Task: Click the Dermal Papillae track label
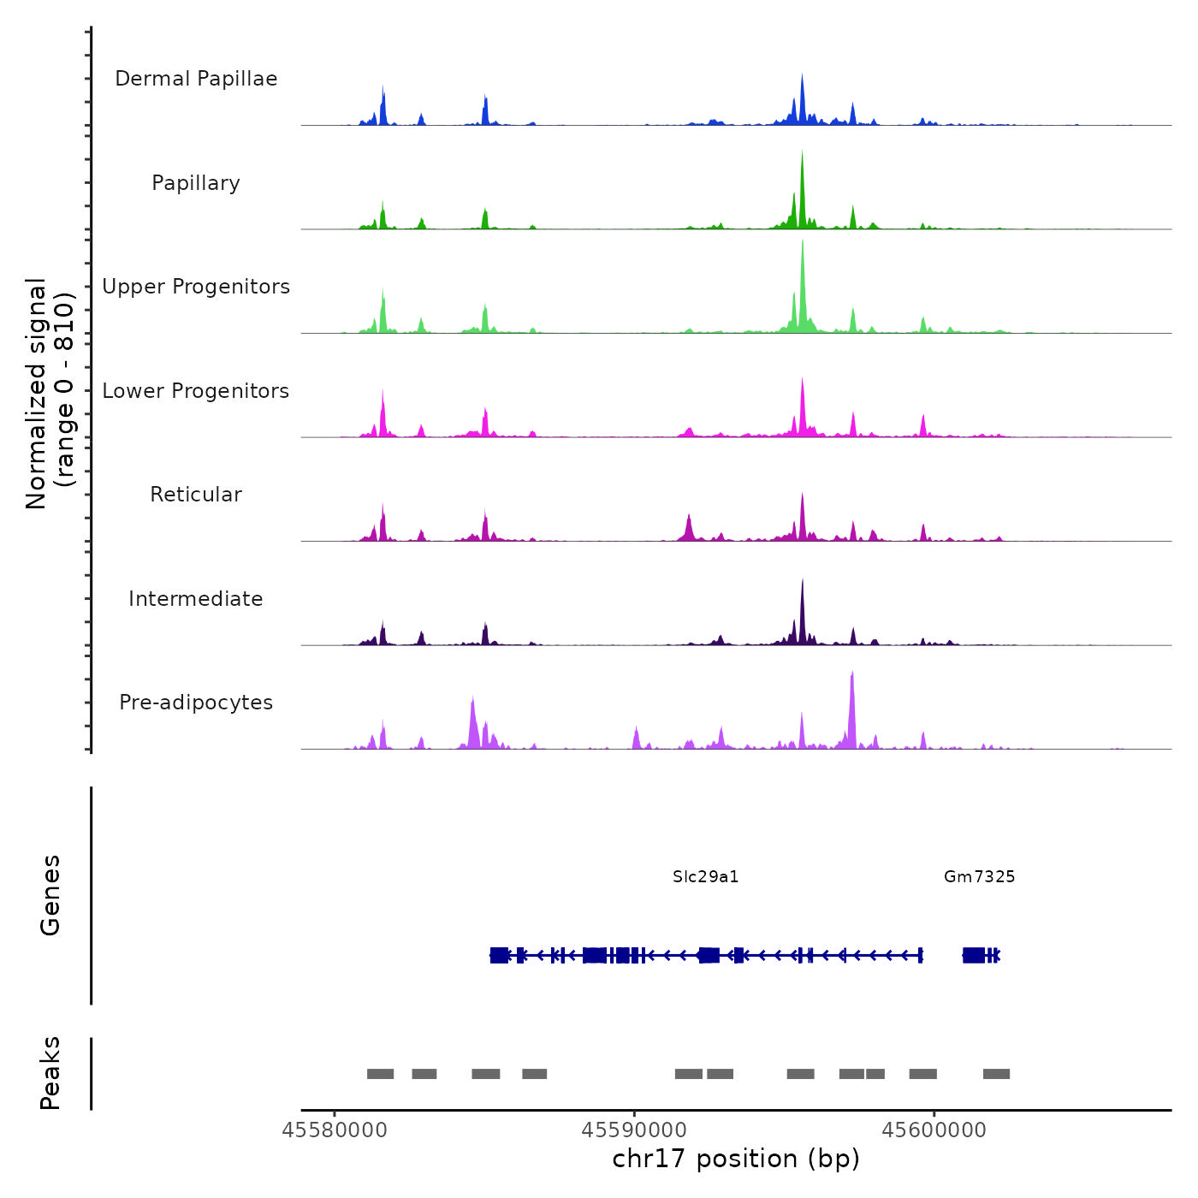click(196, 79)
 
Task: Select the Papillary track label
click(196, 183)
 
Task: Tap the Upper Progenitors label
click(196, 287)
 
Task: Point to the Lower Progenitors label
click(196, 391)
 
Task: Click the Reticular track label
click(196, 495)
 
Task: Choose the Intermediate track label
click(196, 599)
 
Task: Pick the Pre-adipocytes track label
click(196, 703)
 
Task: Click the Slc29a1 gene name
click(705, 876)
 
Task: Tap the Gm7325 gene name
click(979, 876)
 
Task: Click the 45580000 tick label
click(335, 1130)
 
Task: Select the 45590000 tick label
click(634, 1130)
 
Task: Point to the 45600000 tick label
click(934, 1130)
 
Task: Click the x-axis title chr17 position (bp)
click(736, 1159)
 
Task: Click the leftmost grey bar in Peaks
click(380, 1074)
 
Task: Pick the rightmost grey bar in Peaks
click(996, 1074)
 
